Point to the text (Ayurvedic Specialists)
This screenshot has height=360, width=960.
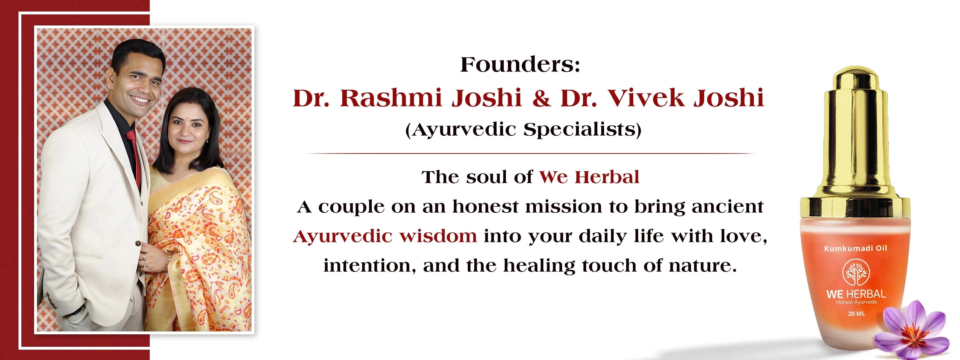pos(523,130)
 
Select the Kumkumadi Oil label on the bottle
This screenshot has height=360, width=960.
pos(855,248)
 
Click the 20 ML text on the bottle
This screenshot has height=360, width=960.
pos(856,314)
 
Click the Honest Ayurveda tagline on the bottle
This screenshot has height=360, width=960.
pos(856,302)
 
